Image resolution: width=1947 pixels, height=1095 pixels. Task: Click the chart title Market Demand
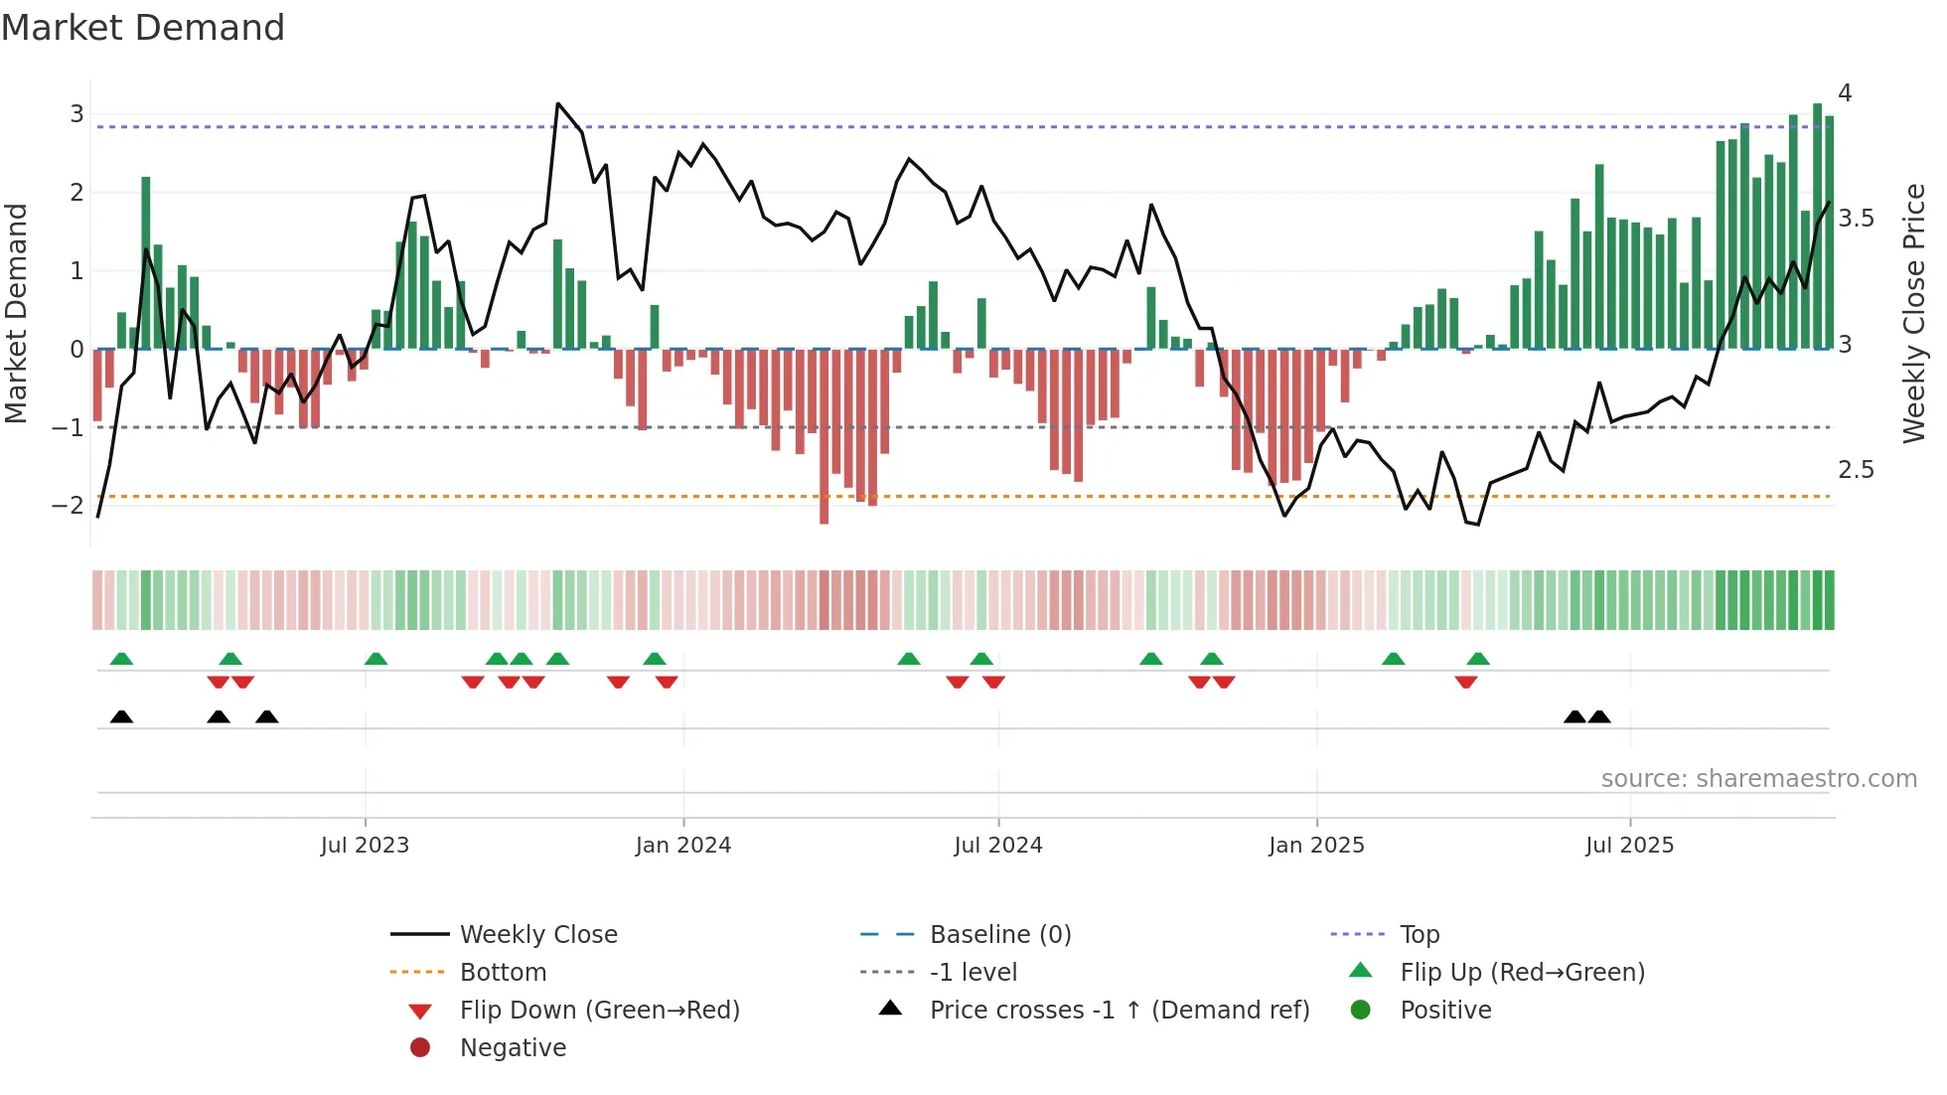click(143, 28)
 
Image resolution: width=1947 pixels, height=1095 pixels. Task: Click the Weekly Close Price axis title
click(1913, 312)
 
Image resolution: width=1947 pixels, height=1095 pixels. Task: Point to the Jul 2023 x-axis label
click(365, 846)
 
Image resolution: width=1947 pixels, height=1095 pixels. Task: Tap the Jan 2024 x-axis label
click(683, 846)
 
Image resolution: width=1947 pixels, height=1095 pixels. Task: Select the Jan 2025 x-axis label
click(1316, 846)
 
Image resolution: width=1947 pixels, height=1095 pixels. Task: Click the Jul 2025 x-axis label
click(1629, 846)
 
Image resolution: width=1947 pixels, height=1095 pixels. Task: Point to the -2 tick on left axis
click(68, 506)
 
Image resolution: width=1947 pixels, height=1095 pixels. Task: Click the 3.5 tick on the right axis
click(1856, 219)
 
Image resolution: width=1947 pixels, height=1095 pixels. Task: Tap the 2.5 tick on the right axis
click(1856, 470)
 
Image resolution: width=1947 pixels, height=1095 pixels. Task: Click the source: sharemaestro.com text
click(1758, 779)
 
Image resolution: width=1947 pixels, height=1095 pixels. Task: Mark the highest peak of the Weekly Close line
click(558, 104)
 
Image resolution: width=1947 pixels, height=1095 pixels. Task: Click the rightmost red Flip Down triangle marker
click(1466, 682)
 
